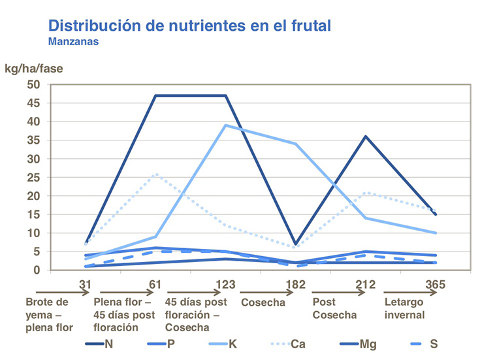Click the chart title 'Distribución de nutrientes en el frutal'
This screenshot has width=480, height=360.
click(x=189, y=25)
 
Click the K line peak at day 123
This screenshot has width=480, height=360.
click(x=226, y=125)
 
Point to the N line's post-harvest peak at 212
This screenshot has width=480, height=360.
click(x=366, y=137)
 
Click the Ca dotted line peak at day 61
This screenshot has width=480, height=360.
click(x=155, y=174)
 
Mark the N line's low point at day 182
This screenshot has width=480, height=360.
click(x=296, y=244)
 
